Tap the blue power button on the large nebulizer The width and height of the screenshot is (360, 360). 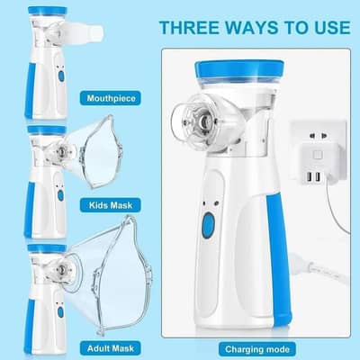208,225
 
